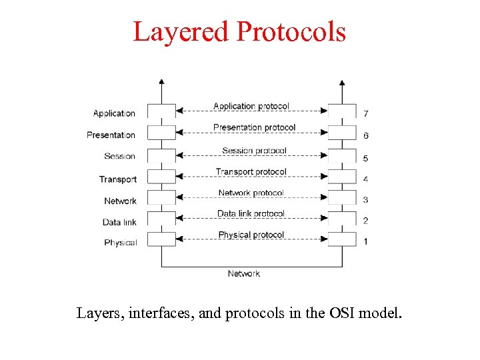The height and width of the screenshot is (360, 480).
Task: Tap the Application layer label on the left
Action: pyautogui.click(x=114, y=113)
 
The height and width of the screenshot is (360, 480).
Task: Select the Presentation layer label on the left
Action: pyautogui.click(x=111, y=135)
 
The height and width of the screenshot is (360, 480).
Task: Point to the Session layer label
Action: pyautogui.click(x=120, y=156)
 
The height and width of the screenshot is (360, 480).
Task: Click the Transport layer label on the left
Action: pyautogui.click(x=118, y=179)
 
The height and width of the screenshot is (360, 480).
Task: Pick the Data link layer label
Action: pyautogui.click(x=119, y=222)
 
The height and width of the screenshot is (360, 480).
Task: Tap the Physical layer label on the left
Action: pyautogui.click(x=120, y=243)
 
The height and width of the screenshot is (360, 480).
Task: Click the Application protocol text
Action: pyautogui.click(x=251, y=106)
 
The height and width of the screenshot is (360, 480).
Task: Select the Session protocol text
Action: pyautogui.click(x=254, y=151)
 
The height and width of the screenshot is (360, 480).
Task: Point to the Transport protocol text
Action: pyautogui.click(x=251, y=172)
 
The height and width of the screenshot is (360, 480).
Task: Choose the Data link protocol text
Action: pyautogui.click(x=251, y=213)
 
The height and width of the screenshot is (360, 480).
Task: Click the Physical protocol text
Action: pyautogui.click(x=251, y=235)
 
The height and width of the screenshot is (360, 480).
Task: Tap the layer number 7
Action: pyautogui.click(x=365, y=113)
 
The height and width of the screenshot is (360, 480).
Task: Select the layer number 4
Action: pyautogui.click(x=365, y=179)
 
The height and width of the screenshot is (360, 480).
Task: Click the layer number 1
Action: pyautogui.click(x=365, y=241)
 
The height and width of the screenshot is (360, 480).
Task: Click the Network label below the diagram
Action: pyautogui.click(x=243, y=273)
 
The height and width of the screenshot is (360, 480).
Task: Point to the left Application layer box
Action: pyautogui.click(x=161, y=111)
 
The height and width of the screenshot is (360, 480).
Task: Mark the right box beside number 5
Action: pyautogui.click(x=342, y=155)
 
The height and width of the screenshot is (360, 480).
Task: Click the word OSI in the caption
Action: pyautogui.click(x=341, y=311)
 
